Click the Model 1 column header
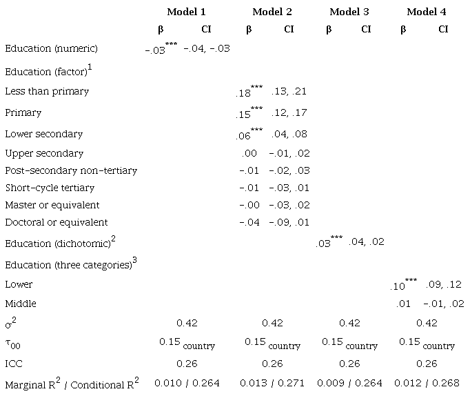[x=186, y=12]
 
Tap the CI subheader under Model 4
[x=442, y=30]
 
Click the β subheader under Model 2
[x=249, y=30]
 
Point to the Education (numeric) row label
[x=51, y=48]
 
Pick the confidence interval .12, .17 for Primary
[x=289, y=112]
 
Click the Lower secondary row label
[x=43, y=134]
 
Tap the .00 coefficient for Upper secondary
[x=249, y=153]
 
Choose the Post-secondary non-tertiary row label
[x=71, y=170]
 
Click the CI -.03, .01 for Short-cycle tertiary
[x=289, y=188]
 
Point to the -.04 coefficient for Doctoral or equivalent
[x=249, y=222]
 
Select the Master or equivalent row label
[x=52, y=205]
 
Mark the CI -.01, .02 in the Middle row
[x=444, y=304]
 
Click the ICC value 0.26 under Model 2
[x=272, y=364]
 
